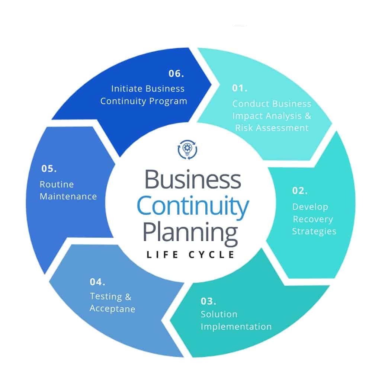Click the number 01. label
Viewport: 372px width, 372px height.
(240, 88)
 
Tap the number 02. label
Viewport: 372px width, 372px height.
(300, 190)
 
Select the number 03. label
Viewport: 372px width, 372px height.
(208, 301)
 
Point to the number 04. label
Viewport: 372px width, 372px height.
(97, 282)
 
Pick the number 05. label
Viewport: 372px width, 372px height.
(49, 169)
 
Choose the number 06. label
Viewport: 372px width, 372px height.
(176, 73)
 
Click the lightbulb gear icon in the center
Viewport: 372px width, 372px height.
(187, 150)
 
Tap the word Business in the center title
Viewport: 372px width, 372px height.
(193, 179)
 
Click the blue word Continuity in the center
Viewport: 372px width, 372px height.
(193, 206)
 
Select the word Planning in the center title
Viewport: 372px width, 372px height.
(190, 233)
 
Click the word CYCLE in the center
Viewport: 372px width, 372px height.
(211, 254)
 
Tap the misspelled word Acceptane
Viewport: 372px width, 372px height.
(112, 309)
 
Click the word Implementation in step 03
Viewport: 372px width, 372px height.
(236, 327)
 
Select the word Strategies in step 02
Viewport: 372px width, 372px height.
(314, 231)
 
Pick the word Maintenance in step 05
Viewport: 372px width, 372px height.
(68, 196)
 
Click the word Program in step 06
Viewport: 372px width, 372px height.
(168, 101)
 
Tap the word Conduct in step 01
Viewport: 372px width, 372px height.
(250, 104)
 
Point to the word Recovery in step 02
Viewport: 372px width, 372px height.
(313, 219)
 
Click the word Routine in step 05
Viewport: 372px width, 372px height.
(57, 185)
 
